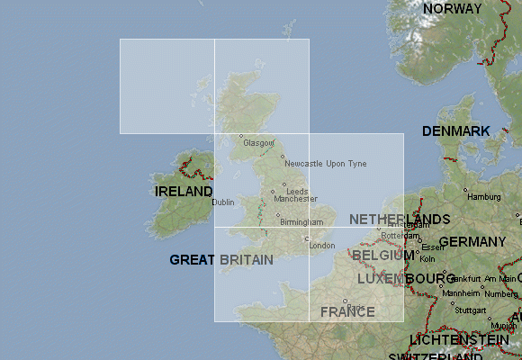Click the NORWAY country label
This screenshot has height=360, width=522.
[452, 8]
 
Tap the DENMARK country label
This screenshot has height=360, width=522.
[456, 131]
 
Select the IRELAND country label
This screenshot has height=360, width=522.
[184, 192]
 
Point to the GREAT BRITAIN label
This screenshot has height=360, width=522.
[221, 259]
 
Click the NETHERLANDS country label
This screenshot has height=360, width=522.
[400, 220]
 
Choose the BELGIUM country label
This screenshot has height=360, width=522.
[382, 256]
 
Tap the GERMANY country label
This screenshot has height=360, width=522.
[472, 242]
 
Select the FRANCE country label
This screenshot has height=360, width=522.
[348, 312]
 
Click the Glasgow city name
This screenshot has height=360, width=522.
[256, 143]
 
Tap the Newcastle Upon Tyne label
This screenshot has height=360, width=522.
[325, 164]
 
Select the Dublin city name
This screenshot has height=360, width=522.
[223, 202]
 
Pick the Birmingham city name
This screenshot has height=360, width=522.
[301, 222]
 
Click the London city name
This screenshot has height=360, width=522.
[321, 246]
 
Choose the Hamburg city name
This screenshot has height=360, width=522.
[483, 197]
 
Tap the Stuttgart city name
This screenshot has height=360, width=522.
[470, 309]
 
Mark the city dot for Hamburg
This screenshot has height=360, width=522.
[465, 190]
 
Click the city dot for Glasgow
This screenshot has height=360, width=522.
[241, 136]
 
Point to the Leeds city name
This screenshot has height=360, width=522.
[297, 192]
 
